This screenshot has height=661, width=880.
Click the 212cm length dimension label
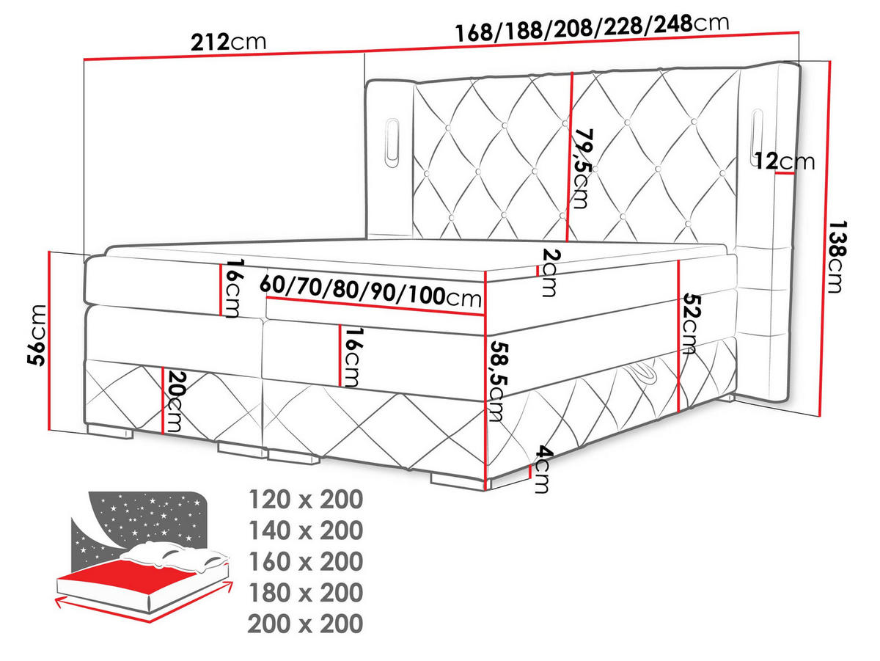[x=227, y=42]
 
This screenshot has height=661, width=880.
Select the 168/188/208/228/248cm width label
[x=593, y=28]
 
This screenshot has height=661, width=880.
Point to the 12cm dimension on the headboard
[x=785, y=161]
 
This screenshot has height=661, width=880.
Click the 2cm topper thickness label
[x=549, y=272]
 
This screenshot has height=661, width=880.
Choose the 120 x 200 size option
[x=305, y=500]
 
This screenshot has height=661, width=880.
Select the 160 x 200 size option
[x=305, y=561]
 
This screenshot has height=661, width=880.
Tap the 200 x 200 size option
[x=305, y=624]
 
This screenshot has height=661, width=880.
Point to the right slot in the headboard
[x=758, y=136]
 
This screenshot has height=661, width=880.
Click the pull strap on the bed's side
[x=648, y=373]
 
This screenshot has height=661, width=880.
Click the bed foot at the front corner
[x=452, y=478]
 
